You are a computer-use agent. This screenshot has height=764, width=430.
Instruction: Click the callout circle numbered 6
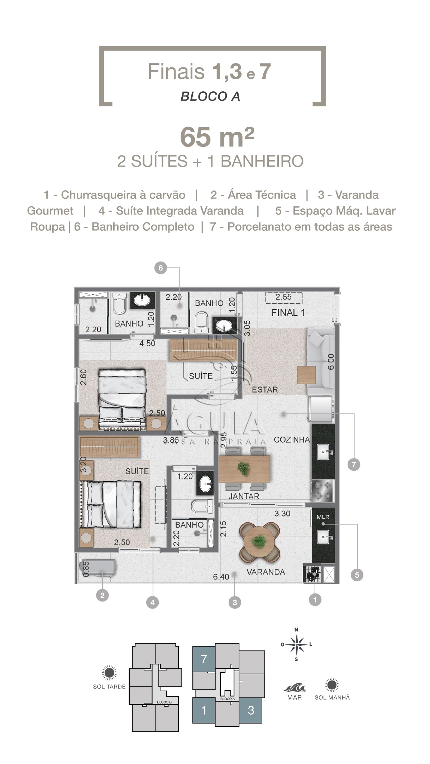point(161,268)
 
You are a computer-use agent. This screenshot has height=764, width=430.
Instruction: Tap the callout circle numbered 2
point(102,595)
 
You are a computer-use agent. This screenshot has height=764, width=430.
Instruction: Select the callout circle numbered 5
point(357,575)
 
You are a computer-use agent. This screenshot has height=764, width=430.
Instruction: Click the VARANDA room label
point(266,572)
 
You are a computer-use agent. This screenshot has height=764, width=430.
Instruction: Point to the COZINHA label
point(292,439)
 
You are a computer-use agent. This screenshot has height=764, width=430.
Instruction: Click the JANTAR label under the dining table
point(244,496)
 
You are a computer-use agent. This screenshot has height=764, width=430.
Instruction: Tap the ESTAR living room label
point(265,390)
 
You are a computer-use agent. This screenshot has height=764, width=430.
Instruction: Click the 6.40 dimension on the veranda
point(221,577)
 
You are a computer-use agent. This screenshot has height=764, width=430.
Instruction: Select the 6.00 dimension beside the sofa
point(331,362)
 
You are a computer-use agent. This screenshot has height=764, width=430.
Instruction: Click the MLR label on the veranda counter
point(323,517)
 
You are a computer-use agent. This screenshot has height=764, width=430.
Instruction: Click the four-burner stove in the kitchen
point(322,491)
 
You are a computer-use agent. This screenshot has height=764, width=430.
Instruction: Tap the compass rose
point(296,645)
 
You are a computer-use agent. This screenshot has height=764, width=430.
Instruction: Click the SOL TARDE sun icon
point(109,673)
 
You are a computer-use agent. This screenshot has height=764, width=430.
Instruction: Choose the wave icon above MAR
point(295,688)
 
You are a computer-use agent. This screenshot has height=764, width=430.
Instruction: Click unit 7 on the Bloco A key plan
point(204,659)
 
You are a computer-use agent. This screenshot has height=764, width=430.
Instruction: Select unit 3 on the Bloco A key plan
point(251,710)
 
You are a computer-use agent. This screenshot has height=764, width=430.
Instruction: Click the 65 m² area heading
point(217,136)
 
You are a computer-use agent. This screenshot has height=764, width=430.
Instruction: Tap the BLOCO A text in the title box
point(210,96)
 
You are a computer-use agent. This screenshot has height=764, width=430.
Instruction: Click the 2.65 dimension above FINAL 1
point(283,297)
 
